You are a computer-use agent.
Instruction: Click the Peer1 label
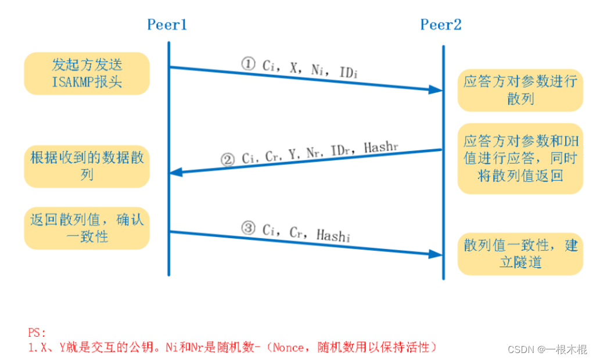click(x=167, y=25)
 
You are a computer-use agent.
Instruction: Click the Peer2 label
click(x=440, y=25)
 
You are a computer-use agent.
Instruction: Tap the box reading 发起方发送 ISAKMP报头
click(x=87, y=73)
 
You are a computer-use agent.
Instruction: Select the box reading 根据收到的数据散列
click(x=87, y=165)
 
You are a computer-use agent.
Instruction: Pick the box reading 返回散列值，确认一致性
click(x=87, y=228)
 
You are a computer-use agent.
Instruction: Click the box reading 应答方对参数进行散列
click(x=520, y=89)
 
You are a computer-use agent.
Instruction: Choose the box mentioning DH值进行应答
click(x=520, y=158)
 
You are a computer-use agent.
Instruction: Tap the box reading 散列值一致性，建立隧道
click(x=520, y=253)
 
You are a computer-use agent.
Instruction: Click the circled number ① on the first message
click(x=249, y=63)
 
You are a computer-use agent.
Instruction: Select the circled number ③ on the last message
click(x=248, y=228)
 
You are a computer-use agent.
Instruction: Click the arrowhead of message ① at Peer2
click(x=436, y=89)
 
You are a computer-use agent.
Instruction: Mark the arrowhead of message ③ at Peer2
click(x=436, y=254)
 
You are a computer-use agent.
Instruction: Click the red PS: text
click(x=36, y=333)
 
